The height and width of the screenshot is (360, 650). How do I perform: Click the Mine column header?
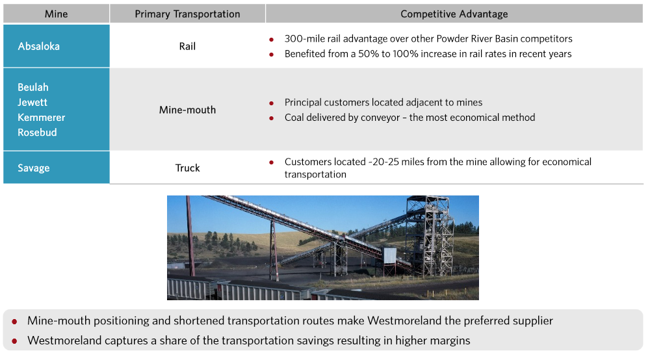pyautogui.click(x=56, y=14)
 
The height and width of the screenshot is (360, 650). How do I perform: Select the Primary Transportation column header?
pyautogui.click(x=187, y=14)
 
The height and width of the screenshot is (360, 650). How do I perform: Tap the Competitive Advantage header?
pyautogui.click(x=454, y=14)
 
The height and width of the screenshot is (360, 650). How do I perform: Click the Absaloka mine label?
pyautogui.click(x=38, y=46)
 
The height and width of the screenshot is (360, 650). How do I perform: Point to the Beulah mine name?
pyautogui.click(x=33, y=88)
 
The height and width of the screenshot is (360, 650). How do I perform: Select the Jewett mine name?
pyautogui.click(x=32, y=102)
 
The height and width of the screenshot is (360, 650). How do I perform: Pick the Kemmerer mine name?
pyautogui.click(x=42, y=118)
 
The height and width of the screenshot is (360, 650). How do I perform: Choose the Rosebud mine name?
pyautogui.click(x=37, y=133)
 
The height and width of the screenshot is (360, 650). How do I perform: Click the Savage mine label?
pyautogui.click(x=34, y=168)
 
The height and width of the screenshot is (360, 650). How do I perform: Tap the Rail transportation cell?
pyautogui.click(x=187, y=46)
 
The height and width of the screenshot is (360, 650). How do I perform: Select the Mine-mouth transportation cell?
pyautogui.click(x=187, y=110)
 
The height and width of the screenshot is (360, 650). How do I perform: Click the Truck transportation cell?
pyautogui.click(x=187, y=168)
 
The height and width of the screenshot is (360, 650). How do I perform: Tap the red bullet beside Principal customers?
pyautogui.click(x=272, y=103)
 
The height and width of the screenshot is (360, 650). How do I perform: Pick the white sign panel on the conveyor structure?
pyautogui.click(x=389, y=255)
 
